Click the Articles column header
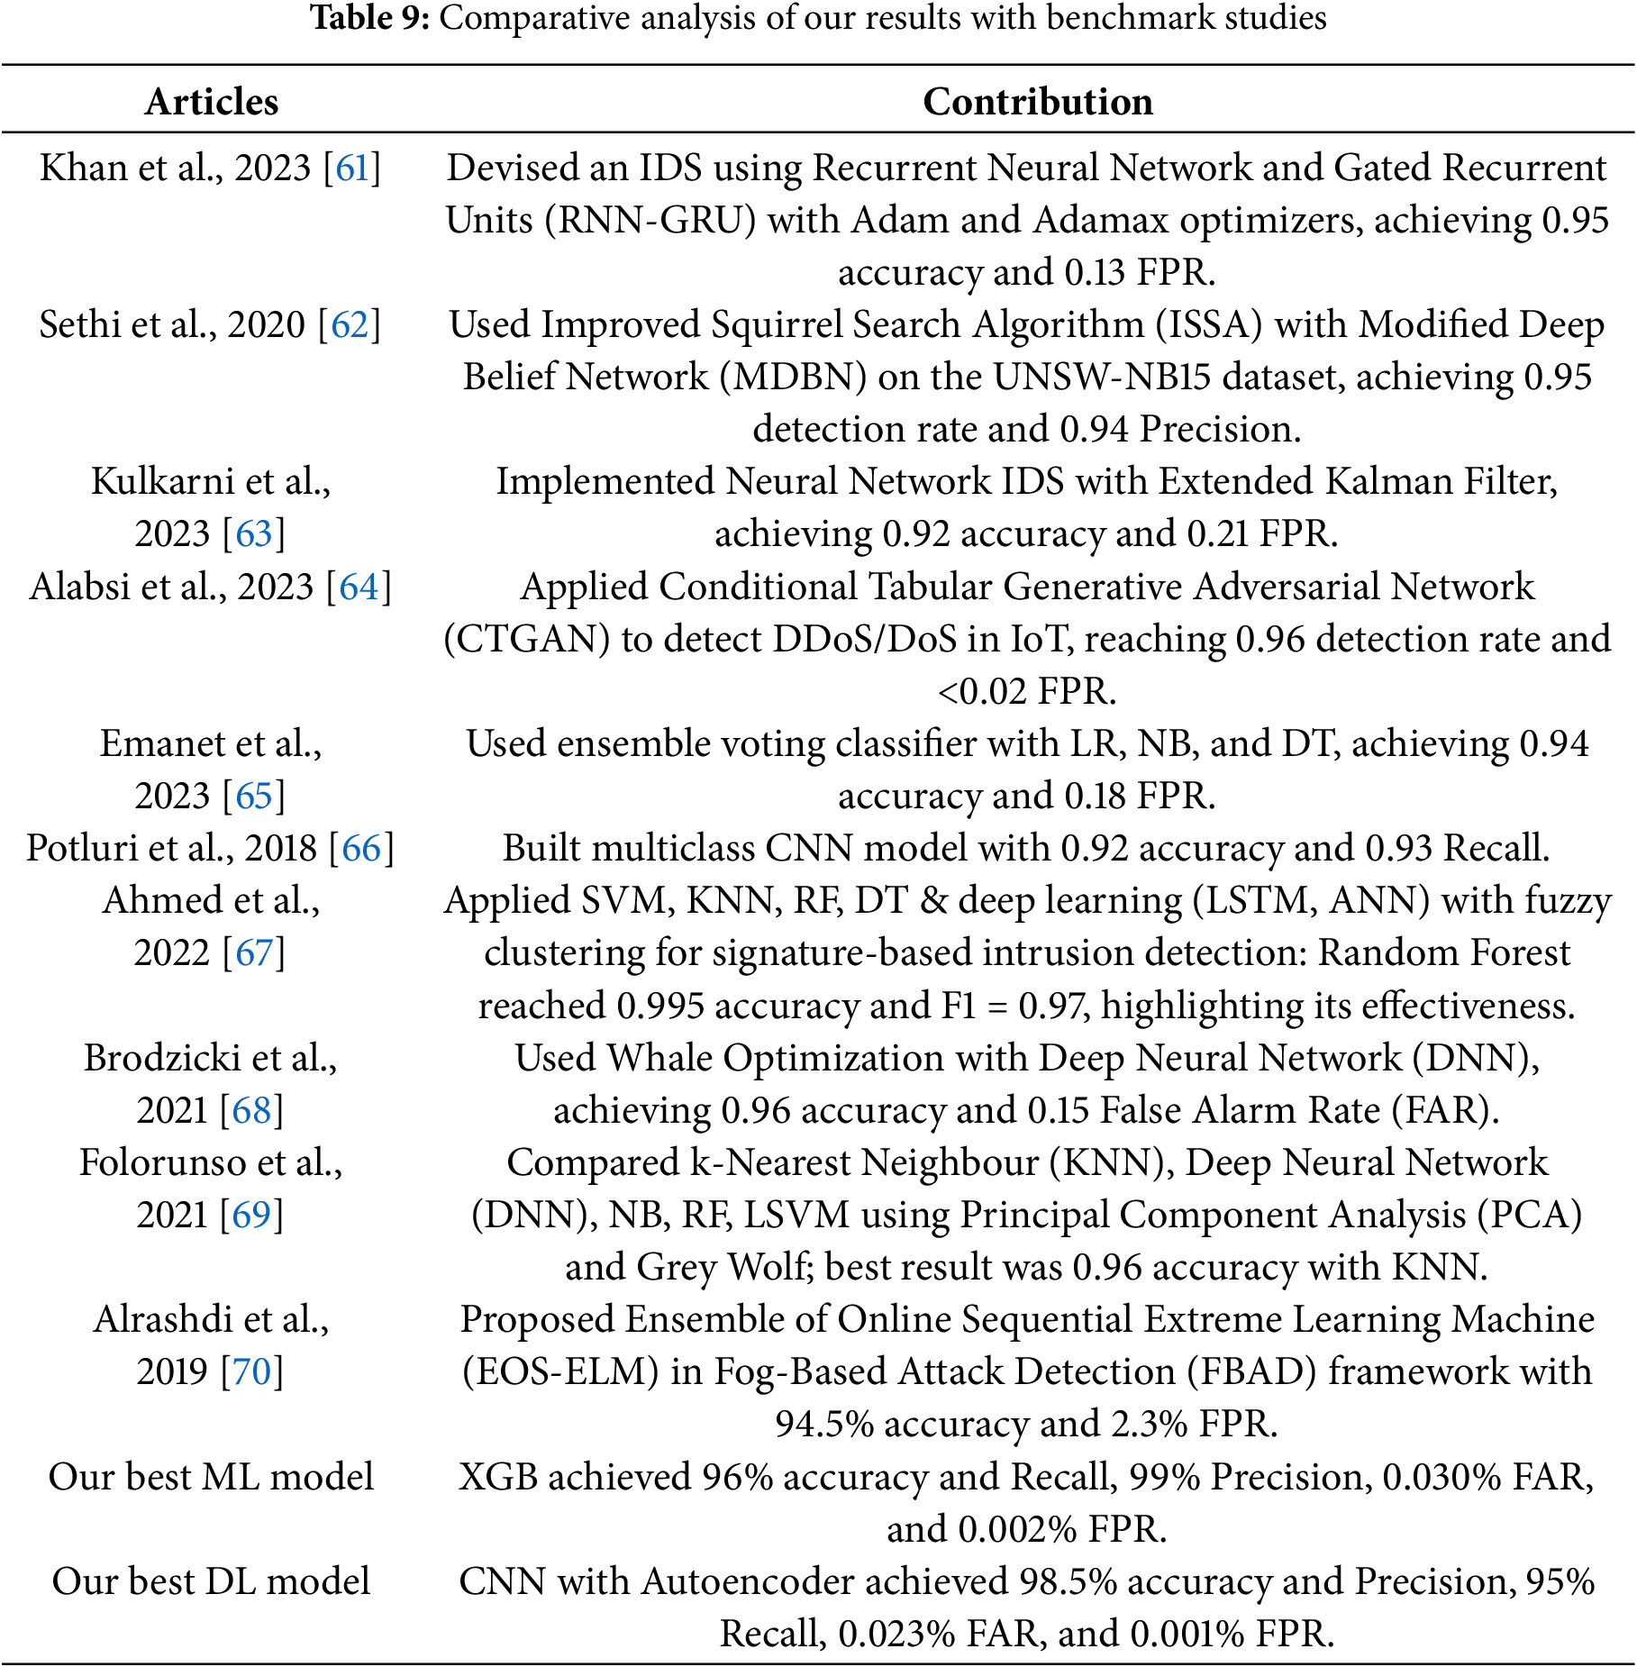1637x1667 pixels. coord(212,102)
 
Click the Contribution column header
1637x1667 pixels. coord(1037,102)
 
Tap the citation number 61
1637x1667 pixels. coord(352,169)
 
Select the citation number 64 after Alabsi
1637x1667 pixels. coord(359,588)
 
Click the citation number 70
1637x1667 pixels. coord(251,1372)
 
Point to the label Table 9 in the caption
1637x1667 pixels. coord(369,18)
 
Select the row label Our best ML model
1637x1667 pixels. coord(211,1478)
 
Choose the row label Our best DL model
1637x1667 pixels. coord(211,1582)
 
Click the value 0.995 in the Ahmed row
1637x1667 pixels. coord(659,1007)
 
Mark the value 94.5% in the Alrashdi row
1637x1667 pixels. coord(824,1425)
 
